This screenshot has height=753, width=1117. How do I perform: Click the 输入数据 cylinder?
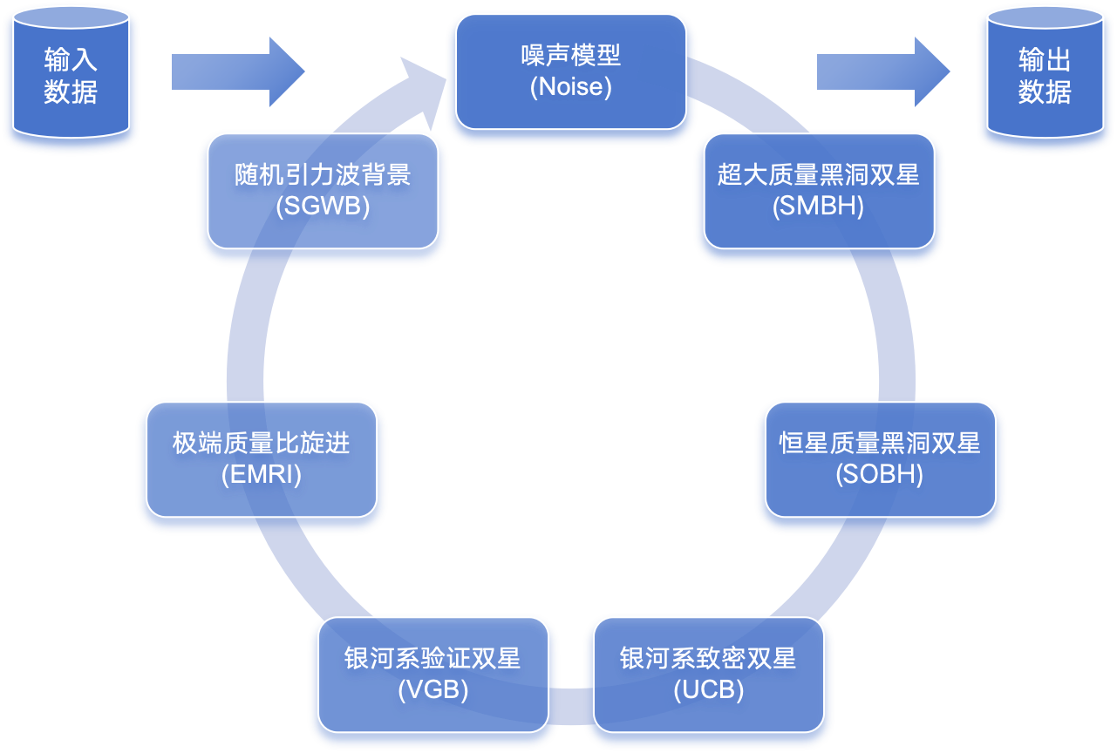coord(71,77)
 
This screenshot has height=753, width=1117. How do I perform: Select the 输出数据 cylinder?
coord(1044,77)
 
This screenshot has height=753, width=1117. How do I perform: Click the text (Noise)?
coord(570,87)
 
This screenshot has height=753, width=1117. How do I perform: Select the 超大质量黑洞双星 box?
coord(819,191)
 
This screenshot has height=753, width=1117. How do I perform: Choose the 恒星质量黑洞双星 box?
coord(880,459)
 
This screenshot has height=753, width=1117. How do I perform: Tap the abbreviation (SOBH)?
coord(879,475)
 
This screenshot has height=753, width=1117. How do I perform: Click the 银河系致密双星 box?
coord(708,675)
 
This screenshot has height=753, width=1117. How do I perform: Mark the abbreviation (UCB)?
coord(708,690)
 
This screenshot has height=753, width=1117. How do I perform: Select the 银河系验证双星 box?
coord(432,675)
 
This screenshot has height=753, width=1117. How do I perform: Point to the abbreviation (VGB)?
coord(432,690)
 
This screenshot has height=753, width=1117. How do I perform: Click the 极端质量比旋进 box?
coord(262,459)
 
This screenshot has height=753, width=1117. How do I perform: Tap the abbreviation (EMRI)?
coord(262,475)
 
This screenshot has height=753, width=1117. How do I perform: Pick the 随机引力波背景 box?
coord(323,191)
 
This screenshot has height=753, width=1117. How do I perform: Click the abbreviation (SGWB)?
coord(323,207)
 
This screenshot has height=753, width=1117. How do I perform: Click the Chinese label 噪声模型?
coord(570,56)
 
